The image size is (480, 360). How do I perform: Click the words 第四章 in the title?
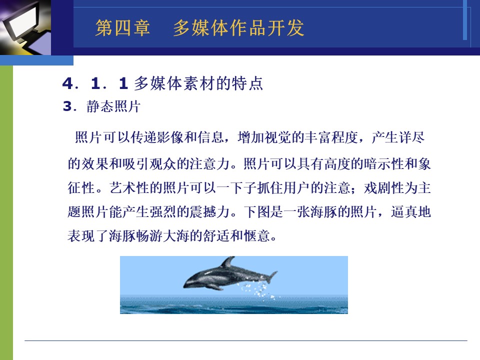coord(122,28)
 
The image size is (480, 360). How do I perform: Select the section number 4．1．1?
coord(95,83)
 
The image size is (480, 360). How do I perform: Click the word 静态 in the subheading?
coord(100,106)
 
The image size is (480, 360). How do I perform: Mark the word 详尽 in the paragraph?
coord(411,137)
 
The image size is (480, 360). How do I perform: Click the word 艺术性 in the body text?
coord(130,187)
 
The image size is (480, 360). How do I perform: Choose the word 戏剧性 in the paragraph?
coord(384,187)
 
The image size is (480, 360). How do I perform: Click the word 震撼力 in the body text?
coord(209,211)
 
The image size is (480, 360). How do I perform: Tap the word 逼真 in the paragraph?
coord(404,211)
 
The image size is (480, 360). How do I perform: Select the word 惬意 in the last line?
coord(257,235)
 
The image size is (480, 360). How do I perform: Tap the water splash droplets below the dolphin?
coord(258,290)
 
